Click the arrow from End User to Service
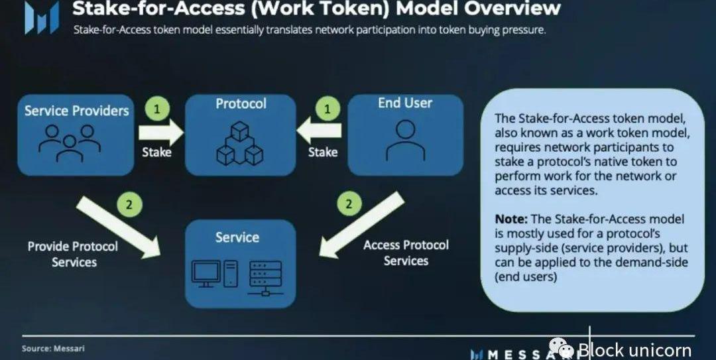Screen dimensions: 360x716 pos(361,225)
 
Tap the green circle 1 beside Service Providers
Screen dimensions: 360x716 pos(157,108)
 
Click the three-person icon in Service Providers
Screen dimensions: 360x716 pos(69,143)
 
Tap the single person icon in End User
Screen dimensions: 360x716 pos(404,141)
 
